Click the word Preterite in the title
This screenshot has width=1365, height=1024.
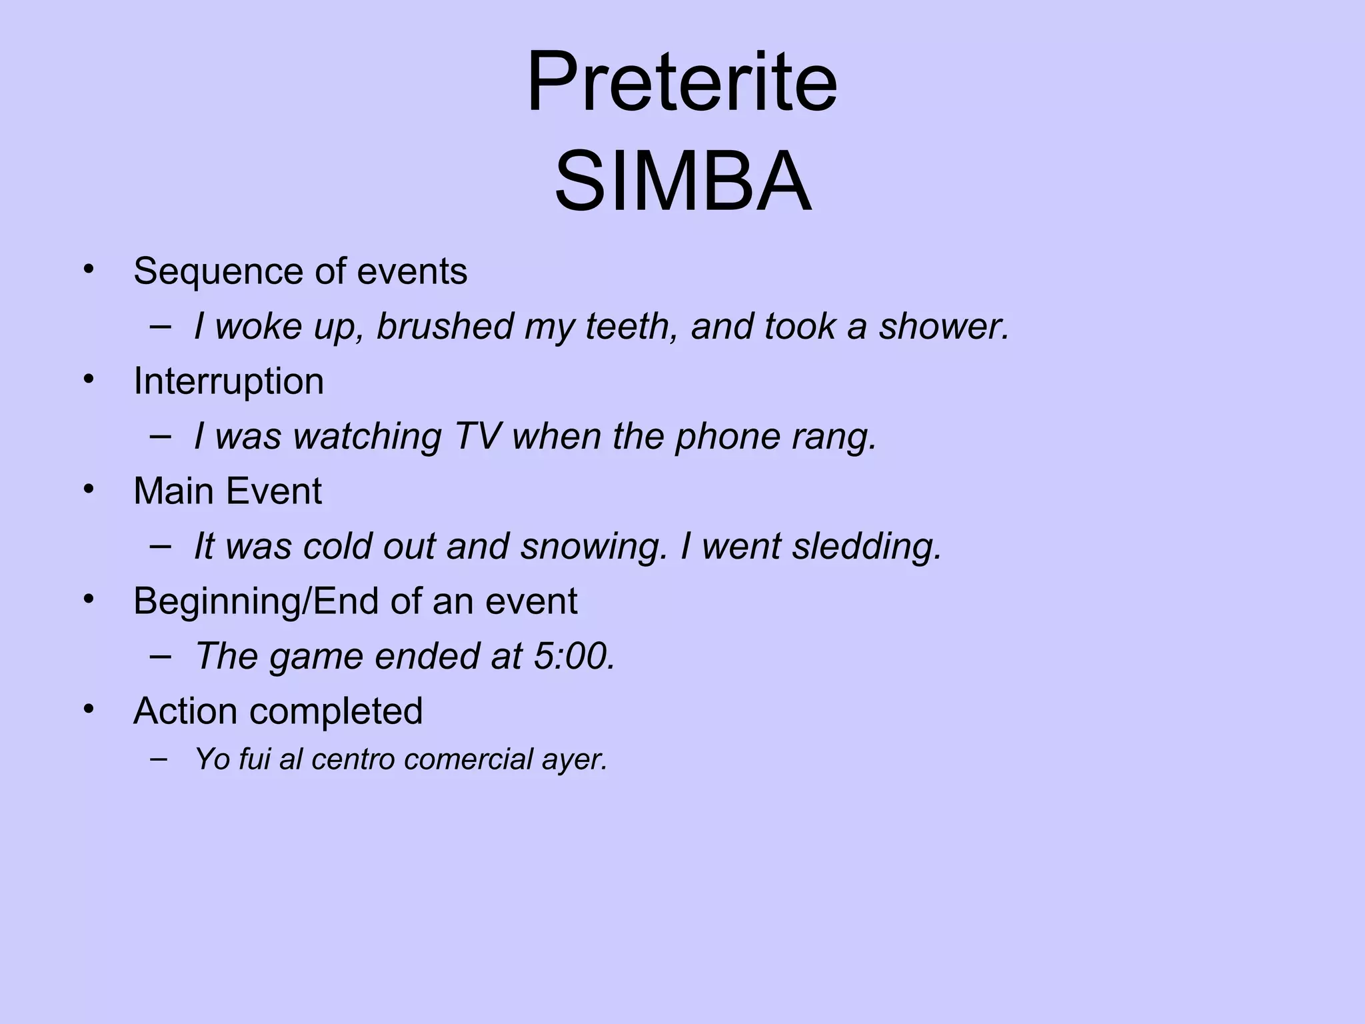pyautogui.click(x=681, y=83)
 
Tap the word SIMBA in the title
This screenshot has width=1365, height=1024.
pyautogui.click(x=682, y=182)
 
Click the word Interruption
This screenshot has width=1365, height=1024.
pyautogui.click(x=229, y=381)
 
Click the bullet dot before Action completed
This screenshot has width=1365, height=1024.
pyautogui.click(x=89, y=708)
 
